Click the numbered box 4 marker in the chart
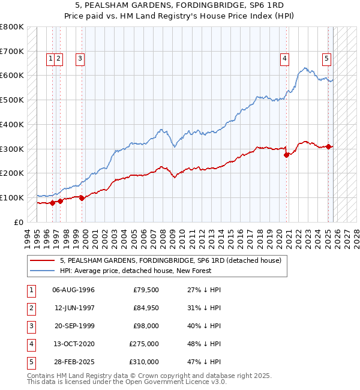point(284,59)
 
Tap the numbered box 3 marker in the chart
point(80,59)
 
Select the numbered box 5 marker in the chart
point(326,59)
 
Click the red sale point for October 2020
point(287,155)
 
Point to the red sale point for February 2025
point(329,146)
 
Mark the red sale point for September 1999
point(82,198)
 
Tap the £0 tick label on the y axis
point(19,222)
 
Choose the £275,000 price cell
point(144,344)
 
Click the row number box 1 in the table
point(30,290)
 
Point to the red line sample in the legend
point(42,261)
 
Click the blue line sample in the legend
point(42,271)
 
